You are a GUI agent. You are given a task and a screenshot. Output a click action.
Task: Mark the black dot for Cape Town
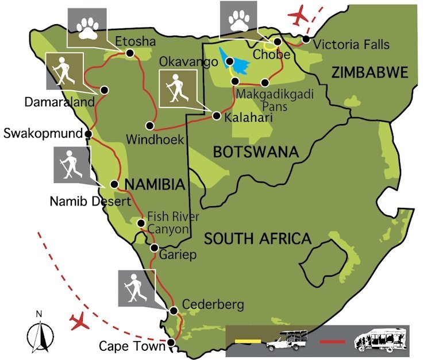pos(171,344)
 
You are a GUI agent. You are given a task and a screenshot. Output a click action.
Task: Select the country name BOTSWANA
pos(256,152)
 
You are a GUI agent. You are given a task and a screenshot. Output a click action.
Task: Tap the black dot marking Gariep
pos(154,248)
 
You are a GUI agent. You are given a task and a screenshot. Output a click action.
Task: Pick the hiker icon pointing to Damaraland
pos(64,71)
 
